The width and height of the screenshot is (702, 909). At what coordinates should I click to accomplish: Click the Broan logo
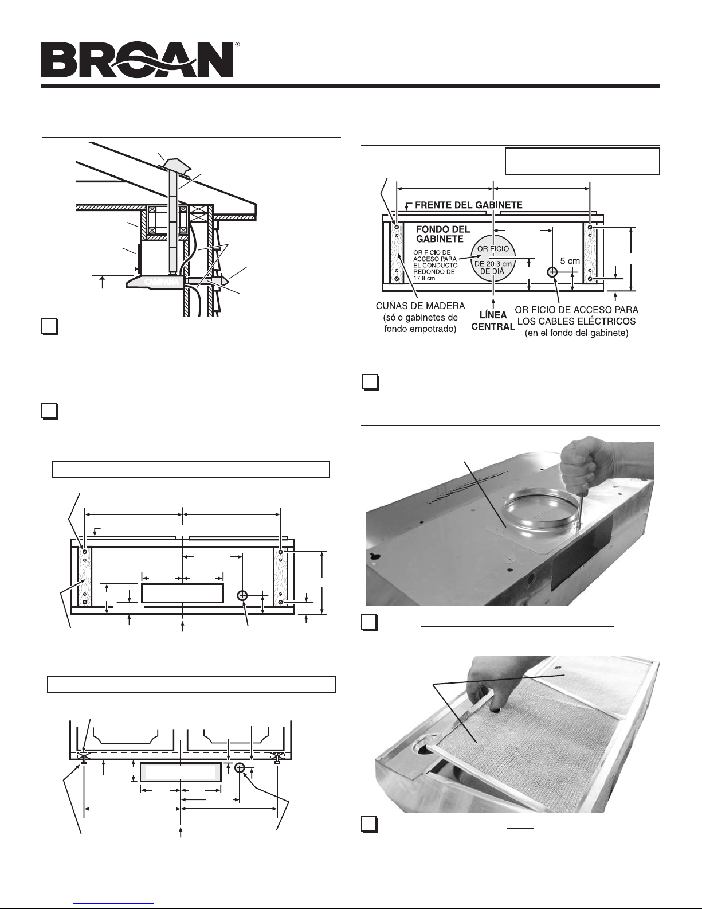point(137,60)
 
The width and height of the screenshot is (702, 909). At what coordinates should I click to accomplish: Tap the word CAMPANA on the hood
point(162,282)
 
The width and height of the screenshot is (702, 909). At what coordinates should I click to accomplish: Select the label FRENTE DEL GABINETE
point(468,205)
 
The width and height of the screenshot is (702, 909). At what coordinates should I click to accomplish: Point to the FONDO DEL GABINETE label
point(442,234)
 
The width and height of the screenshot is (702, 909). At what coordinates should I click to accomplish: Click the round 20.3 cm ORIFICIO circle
point(493,259)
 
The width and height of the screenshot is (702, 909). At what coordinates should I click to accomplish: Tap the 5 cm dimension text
point(570,261)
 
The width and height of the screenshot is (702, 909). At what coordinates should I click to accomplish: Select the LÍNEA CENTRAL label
point(493,321)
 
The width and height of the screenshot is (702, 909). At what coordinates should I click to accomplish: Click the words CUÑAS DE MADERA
point(421,306)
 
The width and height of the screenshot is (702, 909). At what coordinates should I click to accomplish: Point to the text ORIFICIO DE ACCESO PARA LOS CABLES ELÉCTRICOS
point(576,315)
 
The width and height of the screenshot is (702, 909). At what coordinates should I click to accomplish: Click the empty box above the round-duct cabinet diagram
point(582,161)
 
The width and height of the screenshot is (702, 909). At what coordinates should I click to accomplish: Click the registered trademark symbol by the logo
point(237,44)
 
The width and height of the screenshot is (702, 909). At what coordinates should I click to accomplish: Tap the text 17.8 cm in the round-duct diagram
point(423,278)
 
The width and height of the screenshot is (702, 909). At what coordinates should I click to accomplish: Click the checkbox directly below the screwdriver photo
point(370,622)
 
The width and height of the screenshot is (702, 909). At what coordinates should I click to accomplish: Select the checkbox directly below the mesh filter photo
point(370,825)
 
